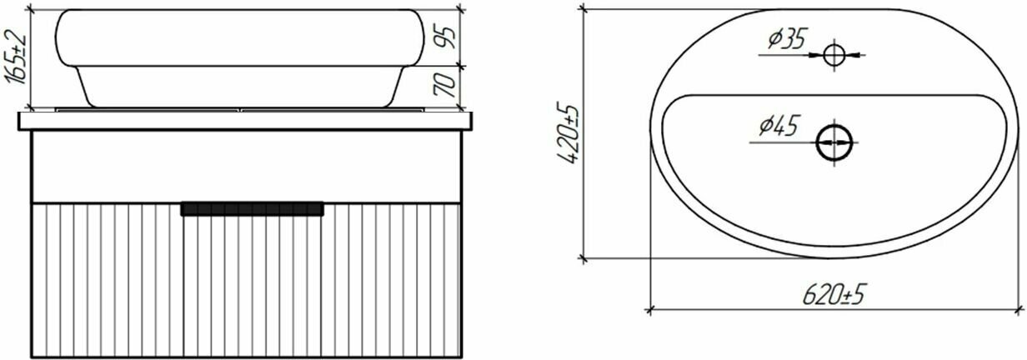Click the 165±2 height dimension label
tap(15, 57)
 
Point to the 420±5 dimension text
tap(568, 134)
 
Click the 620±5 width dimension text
tap(833, 294)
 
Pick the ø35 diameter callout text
tap(787, 39)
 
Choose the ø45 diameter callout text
tap(779, 126)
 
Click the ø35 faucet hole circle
tap(834, 55)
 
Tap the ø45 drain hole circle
tap(834, 142)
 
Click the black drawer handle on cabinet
tap(252, 208)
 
